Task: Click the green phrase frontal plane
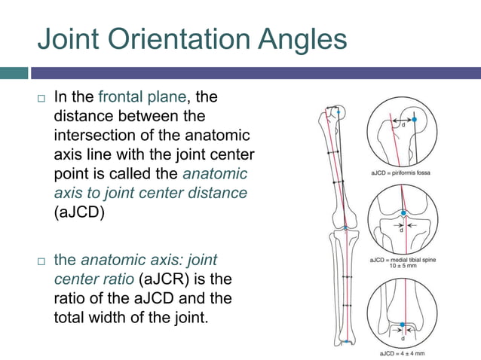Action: (154, 96)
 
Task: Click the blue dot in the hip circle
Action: (414, 119)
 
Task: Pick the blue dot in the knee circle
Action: (404, 213)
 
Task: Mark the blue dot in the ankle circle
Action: (403, 325)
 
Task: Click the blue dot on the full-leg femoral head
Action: (339, 112)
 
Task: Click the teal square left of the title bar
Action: (14, 73)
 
